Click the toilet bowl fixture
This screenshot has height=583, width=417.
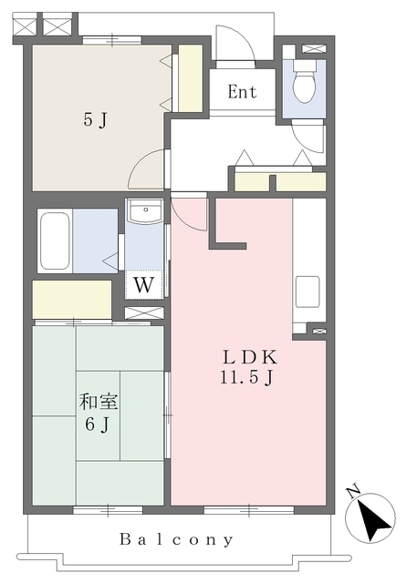pos(304,82)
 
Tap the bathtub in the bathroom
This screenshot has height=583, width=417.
pos(55,240)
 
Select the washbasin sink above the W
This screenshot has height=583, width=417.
pos(144,211)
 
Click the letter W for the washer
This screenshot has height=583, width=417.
pos(144,285)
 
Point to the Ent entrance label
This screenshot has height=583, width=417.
pos(242,91)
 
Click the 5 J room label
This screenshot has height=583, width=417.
pos(96,119)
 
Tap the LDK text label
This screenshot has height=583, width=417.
pos(250,358)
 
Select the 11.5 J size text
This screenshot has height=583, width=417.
pos(247,378)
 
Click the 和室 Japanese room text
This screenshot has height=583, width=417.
pos(99,403)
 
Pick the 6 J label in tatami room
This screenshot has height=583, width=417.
pos(97,424)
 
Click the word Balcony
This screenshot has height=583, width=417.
pos(176,538)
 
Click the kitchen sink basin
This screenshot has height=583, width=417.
pos(308,291)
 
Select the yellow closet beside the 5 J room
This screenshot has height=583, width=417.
pos(191,77)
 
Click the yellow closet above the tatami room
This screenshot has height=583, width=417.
pos(72,300)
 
